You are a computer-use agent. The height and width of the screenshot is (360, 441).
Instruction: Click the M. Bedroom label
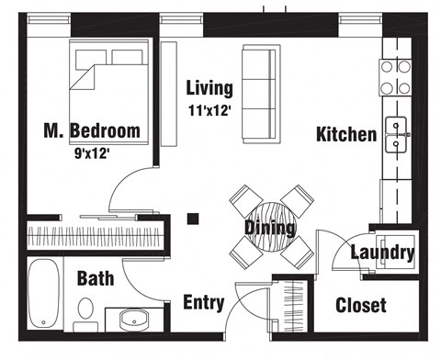coord(92,130)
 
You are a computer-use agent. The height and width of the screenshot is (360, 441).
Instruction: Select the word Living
coord(209,89)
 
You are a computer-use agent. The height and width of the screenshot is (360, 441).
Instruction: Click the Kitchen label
coord(345,135)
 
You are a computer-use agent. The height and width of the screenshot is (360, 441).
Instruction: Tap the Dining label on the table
coord(269,227)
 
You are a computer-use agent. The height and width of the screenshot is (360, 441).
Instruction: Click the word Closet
coord(361,305)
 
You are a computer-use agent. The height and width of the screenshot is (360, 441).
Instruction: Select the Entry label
coord(206,302)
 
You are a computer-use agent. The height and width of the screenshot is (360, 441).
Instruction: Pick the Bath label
coord(96,277)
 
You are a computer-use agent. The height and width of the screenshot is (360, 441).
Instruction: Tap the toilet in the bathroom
coord(85,317)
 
